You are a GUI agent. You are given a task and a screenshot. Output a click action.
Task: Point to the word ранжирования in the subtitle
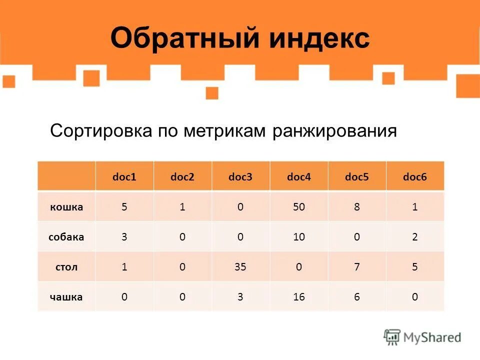[x=334, y=132]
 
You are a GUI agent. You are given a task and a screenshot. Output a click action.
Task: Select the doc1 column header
[x=124, y=176]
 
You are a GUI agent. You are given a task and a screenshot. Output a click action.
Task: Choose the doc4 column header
[x=299, y=176]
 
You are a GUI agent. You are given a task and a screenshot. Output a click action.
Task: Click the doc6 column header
[x=415, y=176]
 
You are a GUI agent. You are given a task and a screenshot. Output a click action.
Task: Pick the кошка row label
[x=66, y=206]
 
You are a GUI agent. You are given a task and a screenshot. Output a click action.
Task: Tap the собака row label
[x=66, y=236]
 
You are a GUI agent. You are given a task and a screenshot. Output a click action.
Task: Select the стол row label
[x=66, y=266]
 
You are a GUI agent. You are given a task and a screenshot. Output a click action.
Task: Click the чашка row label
[x=66, y=297]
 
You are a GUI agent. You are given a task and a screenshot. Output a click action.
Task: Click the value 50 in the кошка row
[x=299, y=206]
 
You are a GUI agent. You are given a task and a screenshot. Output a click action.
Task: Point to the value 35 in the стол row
[x=240, y=266]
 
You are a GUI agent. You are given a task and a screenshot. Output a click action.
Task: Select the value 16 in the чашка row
[x=299, y=297]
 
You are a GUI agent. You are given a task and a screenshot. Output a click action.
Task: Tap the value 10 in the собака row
[x=299, y=236]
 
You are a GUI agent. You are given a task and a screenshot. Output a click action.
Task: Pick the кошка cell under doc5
[x=357, y=206]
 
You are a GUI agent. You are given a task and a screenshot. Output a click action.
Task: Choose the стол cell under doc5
[x=357, y=266]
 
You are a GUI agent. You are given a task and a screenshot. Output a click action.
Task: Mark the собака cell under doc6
[x=415, y=236]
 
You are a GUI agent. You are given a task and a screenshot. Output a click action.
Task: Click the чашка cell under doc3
[x=240, y=297]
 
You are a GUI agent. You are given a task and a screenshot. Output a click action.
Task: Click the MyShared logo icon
[x=392, y=337]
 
